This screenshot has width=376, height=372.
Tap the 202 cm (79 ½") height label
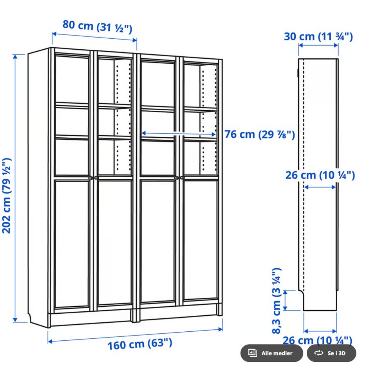point(7,196)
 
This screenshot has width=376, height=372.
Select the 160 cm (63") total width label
point(140,344)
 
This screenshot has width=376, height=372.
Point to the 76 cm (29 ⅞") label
point(260,135)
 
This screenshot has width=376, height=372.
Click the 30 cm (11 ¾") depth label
point(318,37)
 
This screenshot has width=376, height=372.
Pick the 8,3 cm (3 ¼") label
point(277,301)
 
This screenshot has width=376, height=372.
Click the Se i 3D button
point(331,353)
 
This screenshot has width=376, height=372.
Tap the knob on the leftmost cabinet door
point(90,178)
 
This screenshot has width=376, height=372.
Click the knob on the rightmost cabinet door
point(181,178)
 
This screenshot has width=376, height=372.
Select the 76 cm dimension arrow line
point(179,134)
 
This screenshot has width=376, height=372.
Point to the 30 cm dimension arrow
point(318,45)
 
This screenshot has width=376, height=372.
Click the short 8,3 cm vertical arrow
point(285,300)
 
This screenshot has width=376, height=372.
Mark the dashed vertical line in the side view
point(304,175)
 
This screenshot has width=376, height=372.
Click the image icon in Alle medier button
point(253,353)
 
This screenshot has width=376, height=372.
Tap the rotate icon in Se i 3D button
point(319,353)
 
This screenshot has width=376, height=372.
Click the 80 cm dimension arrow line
point(94,37)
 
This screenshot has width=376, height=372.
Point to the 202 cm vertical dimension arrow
point(15,188)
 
